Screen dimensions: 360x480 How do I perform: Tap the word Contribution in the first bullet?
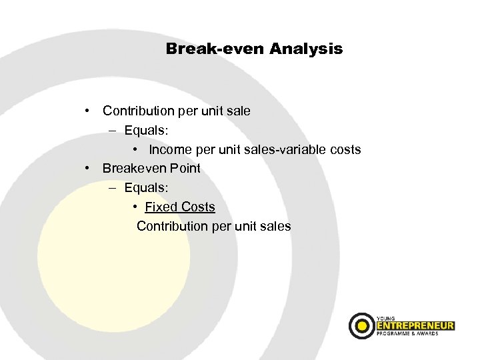coord(139,111)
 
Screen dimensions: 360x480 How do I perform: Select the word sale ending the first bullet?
coord(238,111)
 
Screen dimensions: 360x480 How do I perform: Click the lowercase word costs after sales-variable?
coord(344,149)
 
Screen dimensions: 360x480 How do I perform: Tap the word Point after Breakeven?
coord(185,169)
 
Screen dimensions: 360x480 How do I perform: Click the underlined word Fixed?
coord(161,207)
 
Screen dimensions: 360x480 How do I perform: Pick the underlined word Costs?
coord(198,207)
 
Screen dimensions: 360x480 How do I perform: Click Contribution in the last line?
coord(173,226)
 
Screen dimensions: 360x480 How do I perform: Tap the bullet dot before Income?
coord(135,149)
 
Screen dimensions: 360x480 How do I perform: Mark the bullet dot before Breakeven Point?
coord(88,169)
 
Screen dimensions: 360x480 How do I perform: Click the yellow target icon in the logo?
coord(362,325)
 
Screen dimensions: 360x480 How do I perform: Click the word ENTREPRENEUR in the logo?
coord(415,326)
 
